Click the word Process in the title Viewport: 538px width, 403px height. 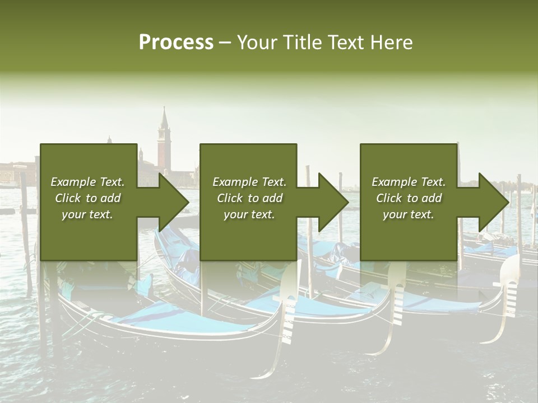[176, 43]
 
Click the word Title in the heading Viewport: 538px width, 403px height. [302, 43]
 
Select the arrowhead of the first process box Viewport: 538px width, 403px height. [174, 203]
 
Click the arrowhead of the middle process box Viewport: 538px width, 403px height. [333, 203]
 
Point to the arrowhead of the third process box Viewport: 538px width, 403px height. [494, 203]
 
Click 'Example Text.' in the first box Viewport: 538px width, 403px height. [87, 182]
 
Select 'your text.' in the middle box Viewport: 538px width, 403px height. [249, 214]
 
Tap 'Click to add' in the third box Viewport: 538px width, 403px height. [409, 198]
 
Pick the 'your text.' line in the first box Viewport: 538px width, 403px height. [87, 214]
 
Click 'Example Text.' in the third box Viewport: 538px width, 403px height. [409, 182]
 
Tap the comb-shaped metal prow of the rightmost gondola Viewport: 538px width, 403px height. [509, 294]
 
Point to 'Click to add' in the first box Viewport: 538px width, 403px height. [87, 198]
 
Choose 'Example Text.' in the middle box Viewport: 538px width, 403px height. [249, 182]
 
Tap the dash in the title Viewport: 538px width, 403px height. [225, 43]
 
